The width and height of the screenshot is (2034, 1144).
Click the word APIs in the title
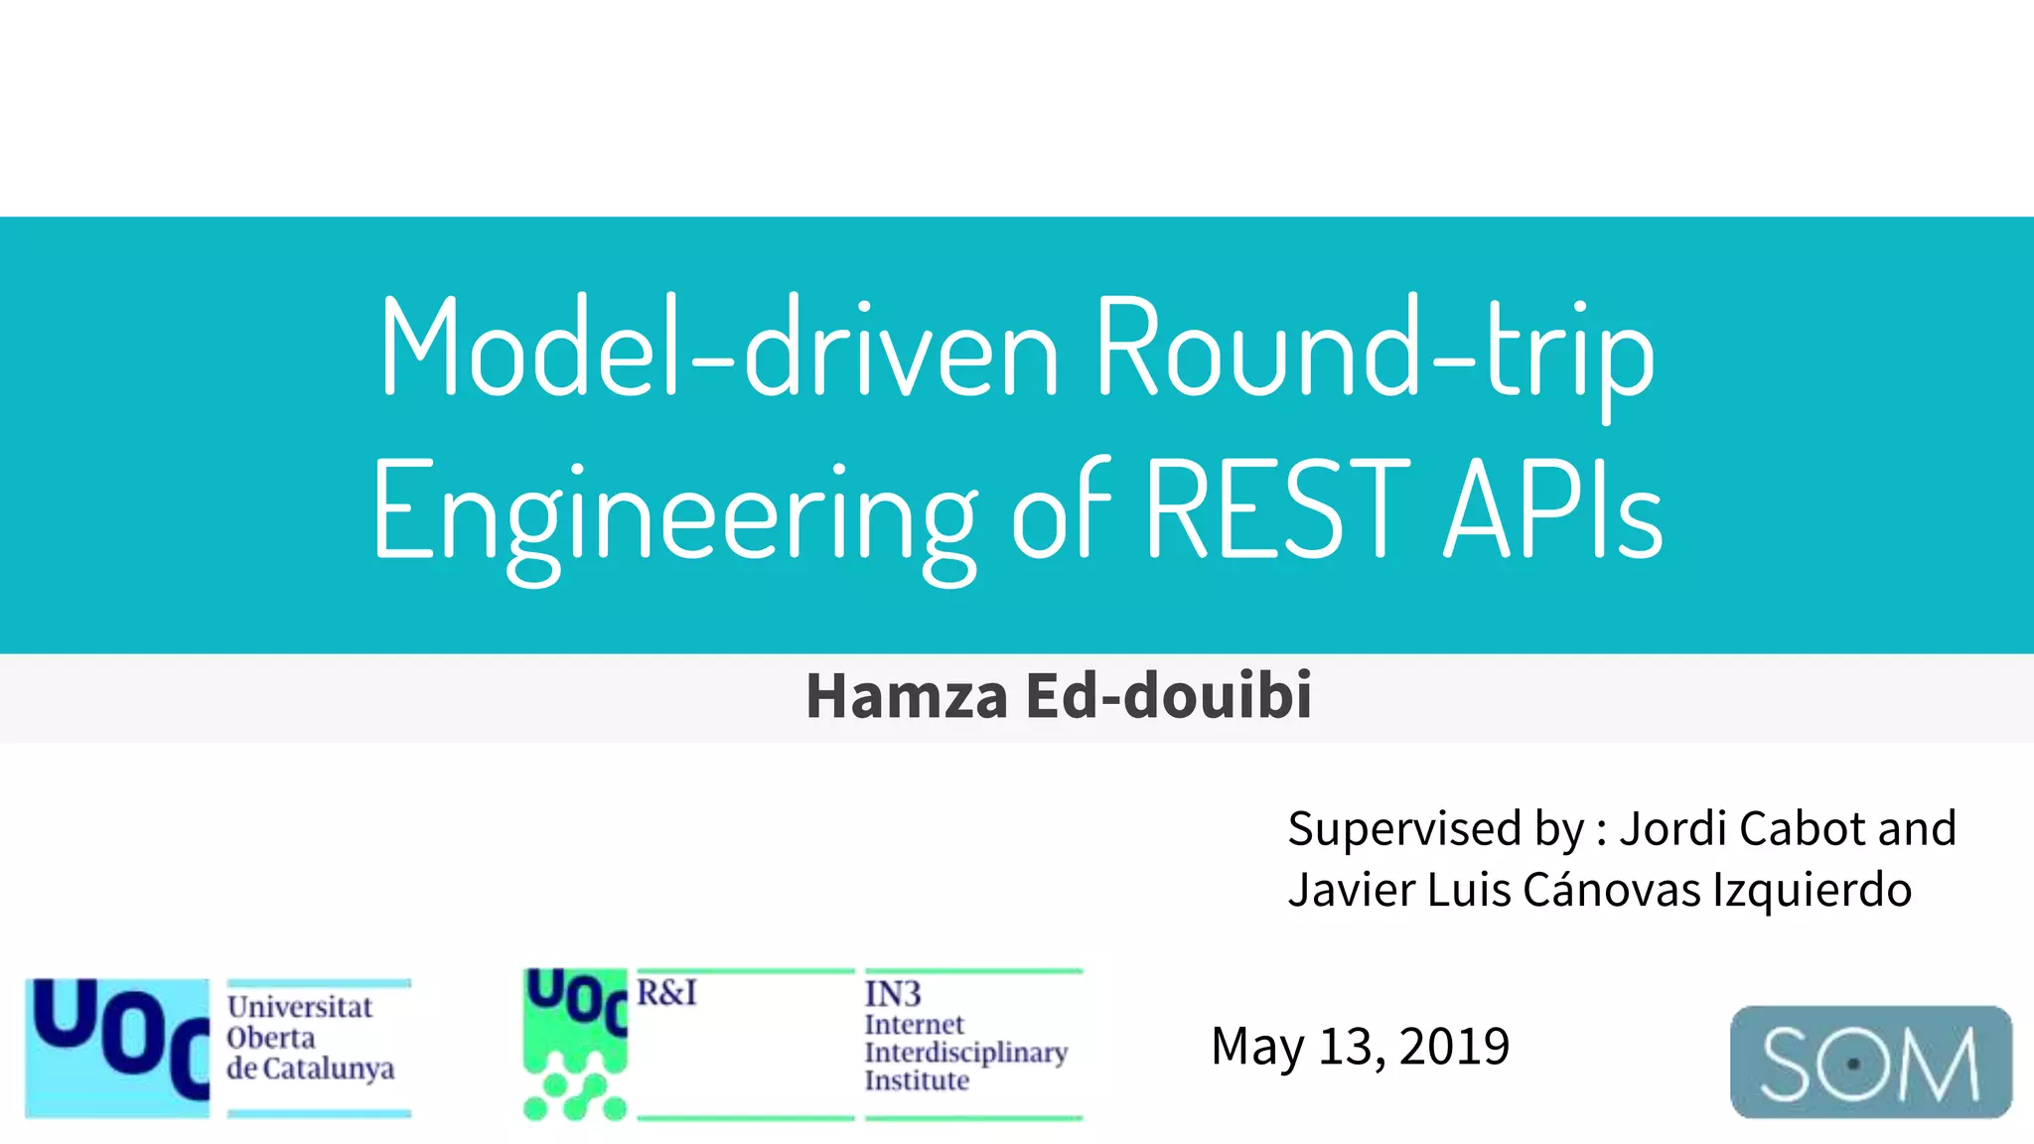point(1553,510)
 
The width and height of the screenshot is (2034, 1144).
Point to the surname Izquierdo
point(1813,889)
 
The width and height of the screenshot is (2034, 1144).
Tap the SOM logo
point(1870,1063)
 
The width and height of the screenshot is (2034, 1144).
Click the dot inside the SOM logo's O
point(1853,1064)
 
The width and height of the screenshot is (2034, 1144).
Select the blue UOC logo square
point(117,1047)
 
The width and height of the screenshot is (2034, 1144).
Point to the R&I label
point(666,992)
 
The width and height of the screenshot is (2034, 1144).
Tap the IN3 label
point(893,993)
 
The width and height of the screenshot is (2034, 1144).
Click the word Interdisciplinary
point(965,1052)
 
